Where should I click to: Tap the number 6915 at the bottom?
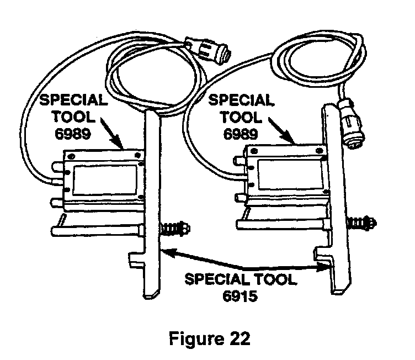(x=241, y=296)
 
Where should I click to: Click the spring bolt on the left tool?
(x=175, y=227)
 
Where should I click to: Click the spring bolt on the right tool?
(x=361, y=223)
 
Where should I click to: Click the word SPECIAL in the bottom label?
(x=216, y=279)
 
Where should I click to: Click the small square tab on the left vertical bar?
(x=136, y=257)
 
